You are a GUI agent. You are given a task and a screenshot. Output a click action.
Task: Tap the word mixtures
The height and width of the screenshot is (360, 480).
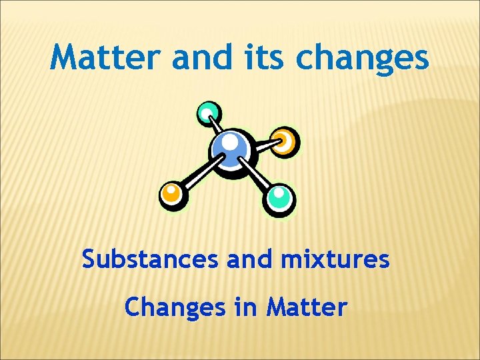(335, 259)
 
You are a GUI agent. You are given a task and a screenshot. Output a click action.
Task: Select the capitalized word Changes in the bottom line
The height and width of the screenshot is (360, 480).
(171, 307)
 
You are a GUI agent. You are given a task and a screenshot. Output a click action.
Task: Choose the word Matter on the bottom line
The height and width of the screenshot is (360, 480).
(307, 307)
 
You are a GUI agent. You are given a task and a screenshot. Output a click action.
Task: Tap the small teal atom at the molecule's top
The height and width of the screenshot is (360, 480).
(209, 113)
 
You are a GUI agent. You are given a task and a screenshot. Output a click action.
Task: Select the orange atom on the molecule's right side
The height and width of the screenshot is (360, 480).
(285, 141)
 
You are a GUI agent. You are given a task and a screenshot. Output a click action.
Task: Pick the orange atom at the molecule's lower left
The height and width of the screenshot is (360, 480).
(172, 195)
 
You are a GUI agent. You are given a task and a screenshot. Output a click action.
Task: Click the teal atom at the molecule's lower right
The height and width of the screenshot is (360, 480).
(279, 198)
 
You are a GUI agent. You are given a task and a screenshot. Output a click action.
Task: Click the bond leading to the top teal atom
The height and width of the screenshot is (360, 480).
(217, 127)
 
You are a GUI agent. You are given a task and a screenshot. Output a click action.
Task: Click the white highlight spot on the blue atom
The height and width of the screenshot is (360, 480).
(229, 142)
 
